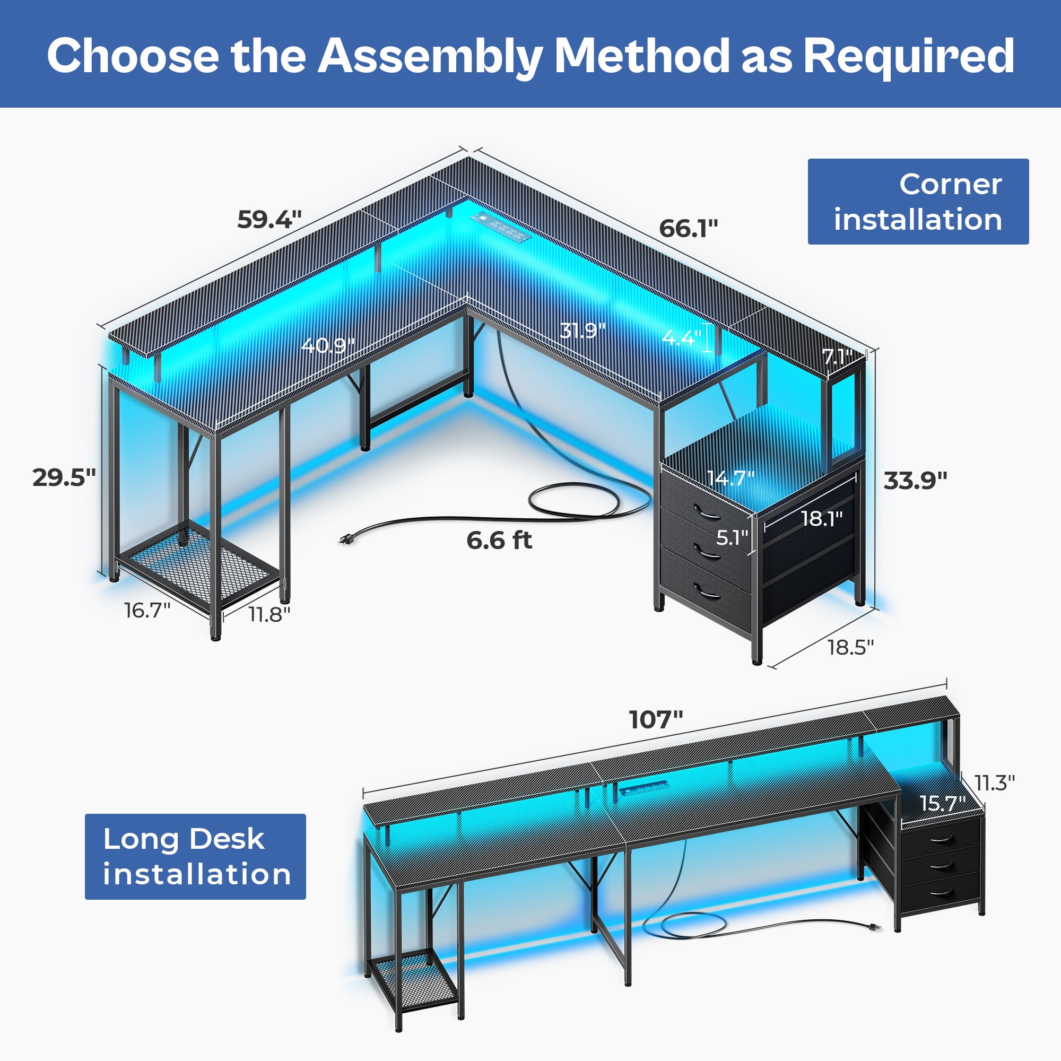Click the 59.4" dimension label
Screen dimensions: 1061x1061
pyautogui.click(x=269, y=220)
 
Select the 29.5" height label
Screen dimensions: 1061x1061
pyautogui.click(x=64, y=477)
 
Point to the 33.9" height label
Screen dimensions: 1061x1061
pyautogui.click(x=916, y=481)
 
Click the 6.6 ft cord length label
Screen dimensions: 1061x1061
pyautogui.click(x=499, y=541)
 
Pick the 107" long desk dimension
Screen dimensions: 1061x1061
pyautogui.click(x=656, y=719)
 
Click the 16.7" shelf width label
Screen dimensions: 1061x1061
pyautogui.click(x=147, y=610)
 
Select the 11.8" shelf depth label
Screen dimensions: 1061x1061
pyautogui.click(x=269, y=614)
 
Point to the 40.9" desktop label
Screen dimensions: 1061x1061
pyautogui.click(x=328, y=345)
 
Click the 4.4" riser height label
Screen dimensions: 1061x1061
pyautogui.click(x=682, y=337)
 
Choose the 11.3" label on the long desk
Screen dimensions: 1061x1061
pyautogui.click(x=995, y=782)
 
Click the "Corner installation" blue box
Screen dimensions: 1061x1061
pyautogui.click(x=918, y=202)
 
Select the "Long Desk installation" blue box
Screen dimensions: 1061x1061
pyautogui.click(x=196, y=857)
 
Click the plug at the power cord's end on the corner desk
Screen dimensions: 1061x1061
pyautogui.click(x=346, y=540)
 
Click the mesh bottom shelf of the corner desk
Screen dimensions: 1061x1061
pyautogui.click(x=198, y=566)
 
